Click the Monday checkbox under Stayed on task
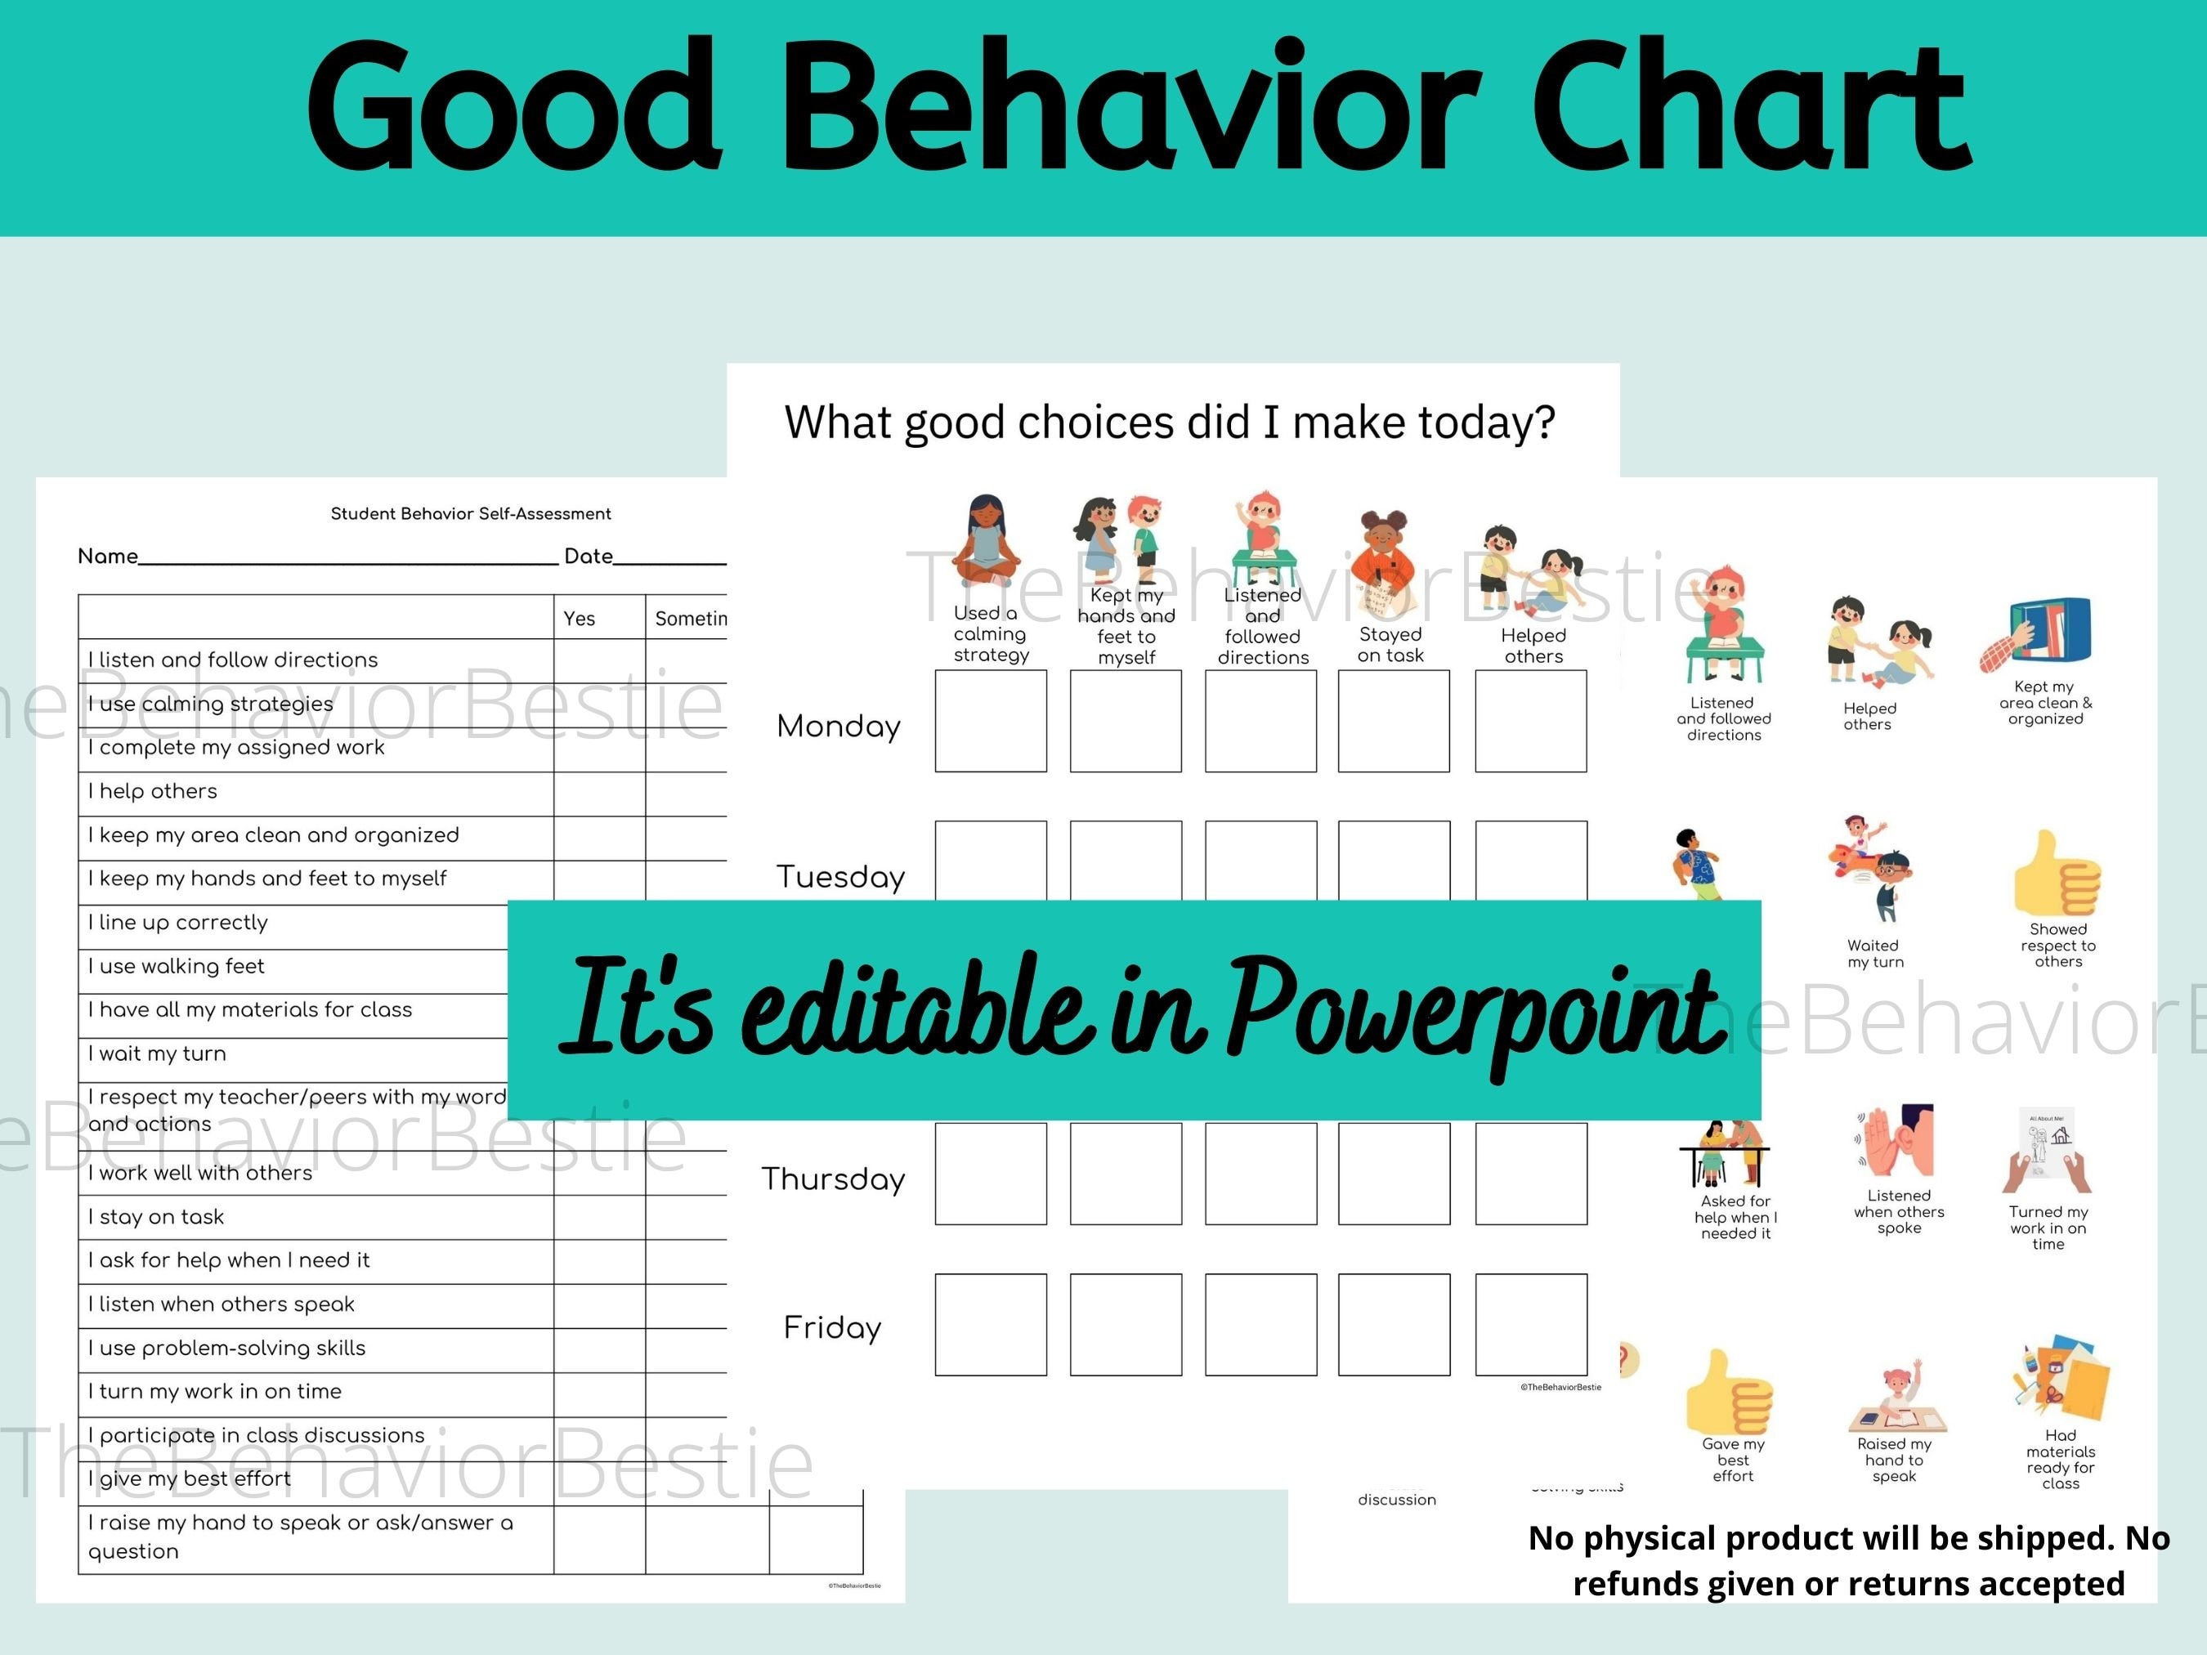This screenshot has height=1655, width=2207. [1393, 720]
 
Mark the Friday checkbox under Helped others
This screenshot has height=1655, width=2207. [1530, 1324]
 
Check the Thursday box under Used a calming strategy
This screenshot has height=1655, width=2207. [990, 1173]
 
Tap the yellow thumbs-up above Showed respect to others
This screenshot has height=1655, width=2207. [2057, 874]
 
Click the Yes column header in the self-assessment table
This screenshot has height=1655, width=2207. [579, 619]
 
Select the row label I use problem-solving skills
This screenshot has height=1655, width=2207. [227, 1348]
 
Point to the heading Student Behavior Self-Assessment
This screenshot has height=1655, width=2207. [471, 514]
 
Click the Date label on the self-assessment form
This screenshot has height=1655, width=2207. [588, 557]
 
